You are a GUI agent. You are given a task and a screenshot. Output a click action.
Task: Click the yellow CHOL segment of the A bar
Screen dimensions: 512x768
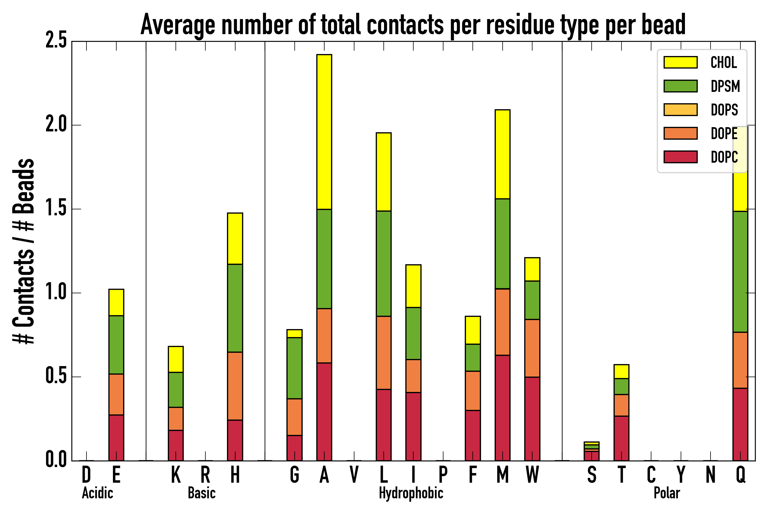click(x=324, y=132)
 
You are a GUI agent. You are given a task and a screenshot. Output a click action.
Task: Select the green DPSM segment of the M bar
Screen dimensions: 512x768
click(x=502, y=243)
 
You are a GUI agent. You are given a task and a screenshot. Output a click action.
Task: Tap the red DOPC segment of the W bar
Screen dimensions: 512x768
click(x=532, y=419)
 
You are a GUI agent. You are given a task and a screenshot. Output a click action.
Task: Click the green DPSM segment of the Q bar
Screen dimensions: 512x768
click(x=740, y=272)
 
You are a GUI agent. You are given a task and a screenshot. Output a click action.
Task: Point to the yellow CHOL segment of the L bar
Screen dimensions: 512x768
click(x=383, y=172)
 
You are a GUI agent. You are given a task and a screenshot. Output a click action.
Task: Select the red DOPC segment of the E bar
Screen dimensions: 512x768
click(x=116, y=437)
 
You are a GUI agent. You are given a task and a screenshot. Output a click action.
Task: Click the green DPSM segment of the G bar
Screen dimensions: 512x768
click(x=294, y=368)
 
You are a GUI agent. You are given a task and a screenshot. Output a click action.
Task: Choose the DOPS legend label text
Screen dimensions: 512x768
click(x=724, y=110)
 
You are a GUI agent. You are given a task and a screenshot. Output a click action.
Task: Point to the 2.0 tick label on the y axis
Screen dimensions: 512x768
click(x=56, y=125)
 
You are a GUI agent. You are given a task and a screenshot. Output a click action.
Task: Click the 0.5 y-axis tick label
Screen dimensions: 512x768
click(x=56, y=377)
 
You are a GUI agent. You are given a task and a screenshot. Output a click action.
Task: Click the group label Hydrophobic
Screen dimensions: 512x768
click(x=411, y=493)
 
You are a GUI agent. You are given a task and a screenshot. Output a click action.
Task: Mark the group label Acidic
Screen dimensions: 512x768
click(x=97, y=493)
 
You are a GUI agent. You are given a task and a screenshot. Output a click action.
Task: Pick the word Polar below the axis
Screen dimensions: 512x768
click(x=666, y=493)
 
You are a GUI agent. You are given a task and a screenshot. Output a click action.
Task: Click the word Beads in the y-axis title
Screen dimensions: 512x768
click(x=24, y=186)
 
